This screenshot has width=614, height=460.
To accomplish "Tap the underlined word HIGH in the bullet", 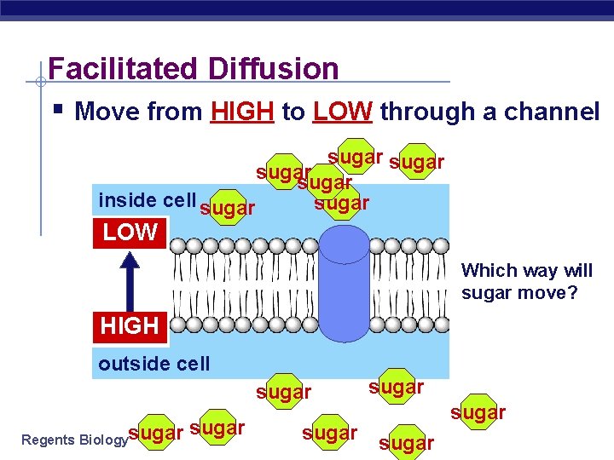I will [242, 112].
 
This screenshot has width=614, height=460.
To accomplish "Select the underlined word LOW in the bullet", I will [343, 112].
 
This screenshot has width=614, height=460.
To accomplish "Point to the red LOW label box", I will [130, 232].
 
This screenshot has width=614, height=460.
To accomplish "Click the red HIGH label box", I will [130, 325].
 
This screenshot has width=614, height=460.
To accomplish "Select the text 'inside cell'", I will [147, 200].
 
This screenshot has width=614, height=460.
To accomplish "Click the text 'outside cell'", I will [153, 364].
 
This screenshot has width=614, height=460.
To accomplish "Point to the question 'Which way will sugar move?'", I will [526, 282].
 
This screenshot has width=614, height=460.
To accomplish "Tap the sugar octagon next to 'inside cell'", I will [227, 208].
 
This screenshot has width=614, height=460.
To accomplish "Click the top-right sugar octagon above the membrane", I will [417, 162].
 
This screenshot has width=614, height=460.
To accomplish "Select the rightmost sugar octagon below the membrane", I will [479, 412].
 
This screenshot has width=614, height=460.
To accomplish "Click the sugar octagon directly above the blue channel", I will [341, 203].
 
